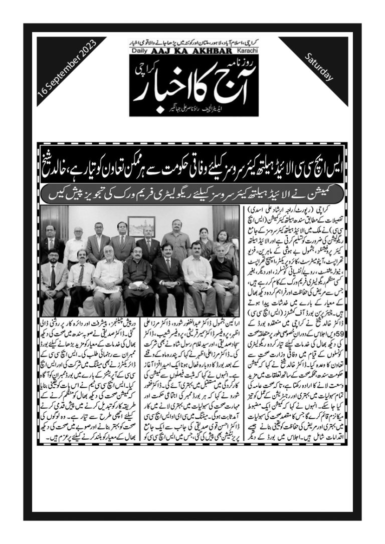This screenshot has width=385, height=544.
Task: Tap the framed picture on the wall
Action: [141, 226]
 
